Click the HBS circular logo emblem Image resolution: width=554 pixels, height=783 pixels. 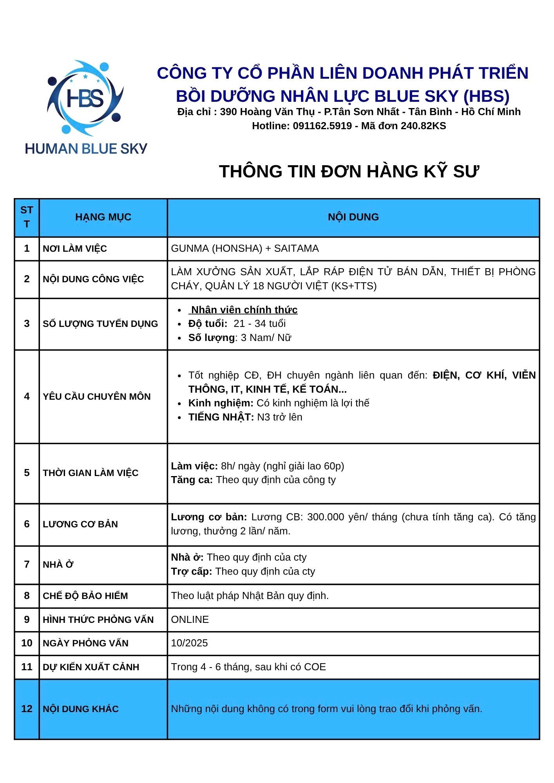tap(85, 98)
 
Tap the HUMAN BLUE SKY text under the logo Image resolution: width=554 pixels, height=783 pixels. tap(86, 149)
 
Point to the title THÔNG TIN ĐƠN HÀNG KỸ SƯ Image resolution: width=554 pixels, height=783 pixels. tap(349, 171)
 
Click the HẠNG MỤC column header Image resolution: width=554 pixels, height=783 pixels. tap(103, 217)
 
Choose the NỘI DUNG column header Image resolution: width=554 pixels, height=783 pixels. tap(353, 217)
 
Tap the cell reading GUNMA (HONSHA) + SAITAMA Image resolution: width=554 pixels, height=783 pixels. tap(245, 248)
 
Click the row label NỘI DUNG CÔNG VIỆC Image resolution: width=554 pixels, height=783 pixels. tap(93, 279)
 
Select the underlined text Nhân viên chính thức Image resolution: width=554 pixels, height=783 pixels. tap(244, 310)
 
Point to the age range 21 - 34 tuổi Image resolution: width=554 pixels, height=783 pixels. tap(259, 323)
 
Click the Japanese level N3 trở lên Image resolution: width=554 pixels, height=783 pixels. tap(279, 417)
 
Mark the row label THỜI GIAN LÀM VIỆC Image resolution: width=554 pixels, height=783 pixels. tap(91, 473)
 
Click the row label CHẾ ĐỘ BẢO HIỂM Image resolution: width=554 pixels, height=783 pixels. tap(85, 595)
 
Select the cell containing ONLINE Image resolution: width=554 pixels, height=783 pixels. tap(190, 619)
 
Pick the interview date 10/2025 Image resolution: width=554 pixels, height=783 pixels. tap(189, 643)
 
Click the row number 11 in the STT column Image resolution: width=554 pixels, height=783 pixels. tap(27, 667)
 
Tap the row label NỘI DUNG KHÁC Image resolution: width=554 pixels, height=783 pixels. tap(80, 709)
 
